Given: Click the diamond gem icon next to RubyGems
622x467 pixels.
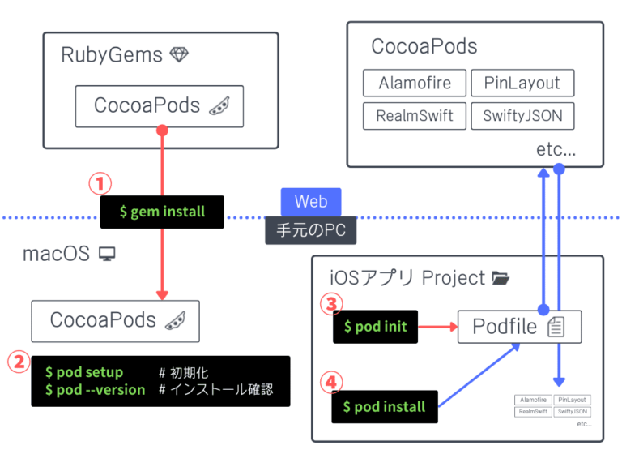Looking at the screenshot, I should pyautogui.click(x=179, y=55).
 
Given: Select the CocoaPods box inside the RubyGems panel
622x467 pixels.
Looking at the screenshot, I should pyautogui.click(x=160, y=106).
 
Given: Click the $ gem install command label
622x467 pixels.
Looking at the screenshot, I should pyautogui.click(x=162, y=212).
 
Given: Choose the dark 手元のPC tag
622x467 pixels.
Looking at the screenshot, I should pyautogui.click(x=311, y=230).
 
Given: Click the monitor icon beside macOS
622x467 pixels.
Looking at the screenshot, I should pyautogui.click(x=107, y=255).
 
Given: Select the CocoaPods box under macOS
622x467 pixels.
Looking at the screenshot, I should pyautogui.click(x=115, y=320).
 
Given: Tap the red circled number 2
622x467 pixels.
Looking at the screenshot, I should pyautogui.click(x=18, y=361).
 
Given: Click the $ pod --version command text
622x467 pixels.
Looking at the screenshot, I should pyautogui.click(x=95, y=390).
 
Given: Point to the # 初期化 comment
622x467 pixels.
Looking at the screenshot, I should pyautogui.click(x=184, y=372).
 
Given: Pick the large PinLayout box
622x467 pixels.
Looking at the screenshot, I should pyautogui.click(x=522, y=84).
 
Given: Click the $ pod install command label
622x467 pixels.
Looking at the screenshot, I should pyautogui.click(x=385, y=406).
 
